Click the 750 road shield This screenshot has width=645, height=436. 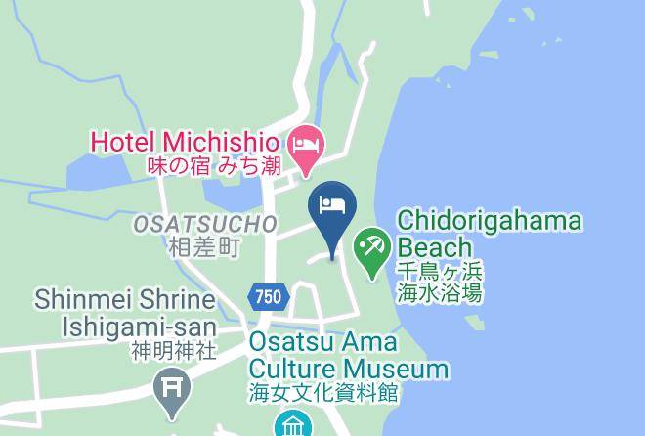pos(269,296)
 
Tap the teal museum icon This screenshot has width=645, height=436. pos(291,424)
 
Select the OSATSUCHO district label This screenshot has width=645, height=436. pos(205,225)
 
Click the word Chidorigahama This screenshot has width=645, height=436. pos(490,221)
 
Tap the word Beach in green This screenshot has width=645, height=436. pos(430,246)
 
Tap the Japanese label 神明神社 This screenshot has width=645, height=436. pos(173,349)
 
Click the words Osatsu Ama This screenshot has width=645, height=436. pos(323,343)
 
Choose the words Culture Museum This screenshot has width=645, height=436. pos(348,369)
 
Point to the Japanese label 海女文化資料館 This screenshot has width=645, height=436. pos(323,393)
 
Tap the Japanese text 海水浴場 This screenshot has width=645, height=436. pos(439,292)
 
